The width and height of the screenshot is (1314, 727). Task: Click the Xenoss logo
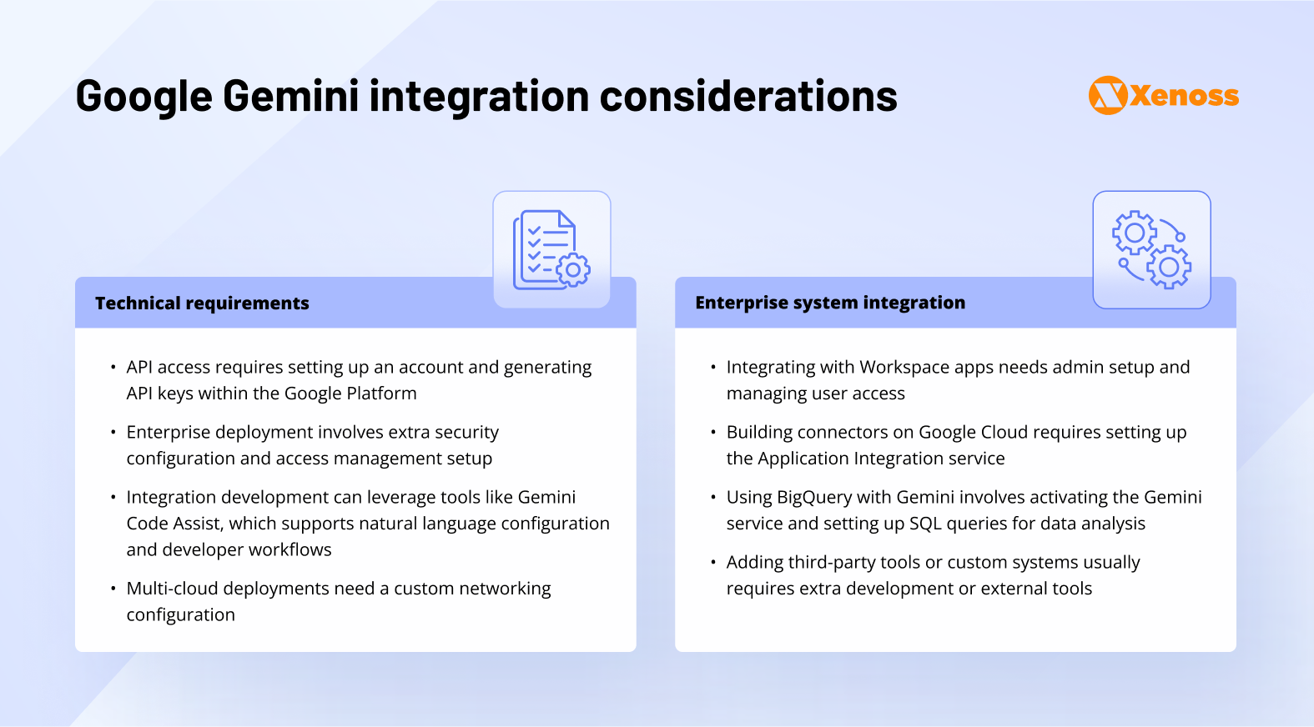coord(1163,95)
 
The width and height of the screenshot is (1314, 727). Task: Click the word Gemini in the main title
coord(290,96)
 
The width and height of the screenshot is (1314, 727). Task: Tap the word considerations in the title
coord(748,96)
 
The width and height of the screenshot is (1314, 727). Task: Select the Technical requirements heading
coord(202,303)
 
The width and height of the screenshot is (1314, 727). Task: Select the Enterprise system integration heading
coord(830,303)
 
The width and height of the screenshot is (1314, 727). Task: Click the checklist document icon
coord(552,249)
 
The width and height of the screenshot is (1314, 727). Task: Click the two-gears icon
coord(1151,249)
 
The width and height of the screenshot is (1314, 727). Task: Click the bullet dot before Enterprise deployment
coord(113,432)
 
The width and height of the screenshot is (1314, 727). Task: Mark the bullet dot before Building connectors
coord(713,432)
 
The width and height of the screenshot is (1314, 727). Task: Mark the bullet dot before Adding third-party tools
coord(713,562)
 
